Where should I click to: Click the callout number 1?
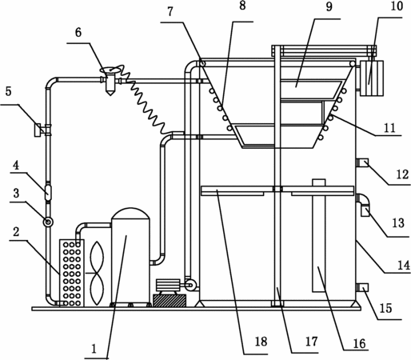click(94, 349)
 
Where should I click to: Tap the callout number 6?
click(78, 33)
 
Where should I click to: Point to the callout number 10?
click(397, 6)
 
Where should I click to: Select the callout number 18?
click(261, 342)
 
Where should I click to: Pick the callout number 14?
click(404, 266)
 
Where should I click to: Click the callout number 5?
click(9, 91)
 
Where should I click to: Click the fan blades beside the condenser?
click(97, 273)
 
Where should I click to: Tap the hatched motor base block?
click(170, 300)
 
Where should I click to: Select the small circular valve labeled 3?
click(49, 222)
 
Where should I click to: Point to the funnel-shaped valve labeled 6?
click(110, 80)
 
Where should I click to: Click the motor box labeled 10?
click(372, 78)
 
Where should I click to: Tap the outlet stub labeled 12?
click(362, 162)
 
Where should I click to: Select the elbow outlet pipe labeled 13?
click(363, 204)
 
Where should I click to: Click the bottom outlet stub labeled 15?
click(362, 287)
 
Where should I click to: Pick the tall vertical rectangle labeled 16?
click(319, 236)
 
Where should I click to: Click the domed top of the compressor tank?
click(130, 214)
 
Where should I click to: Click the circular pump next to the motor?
click(190, 286)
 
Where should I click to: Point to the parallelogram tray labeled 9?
click(310, 89)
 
